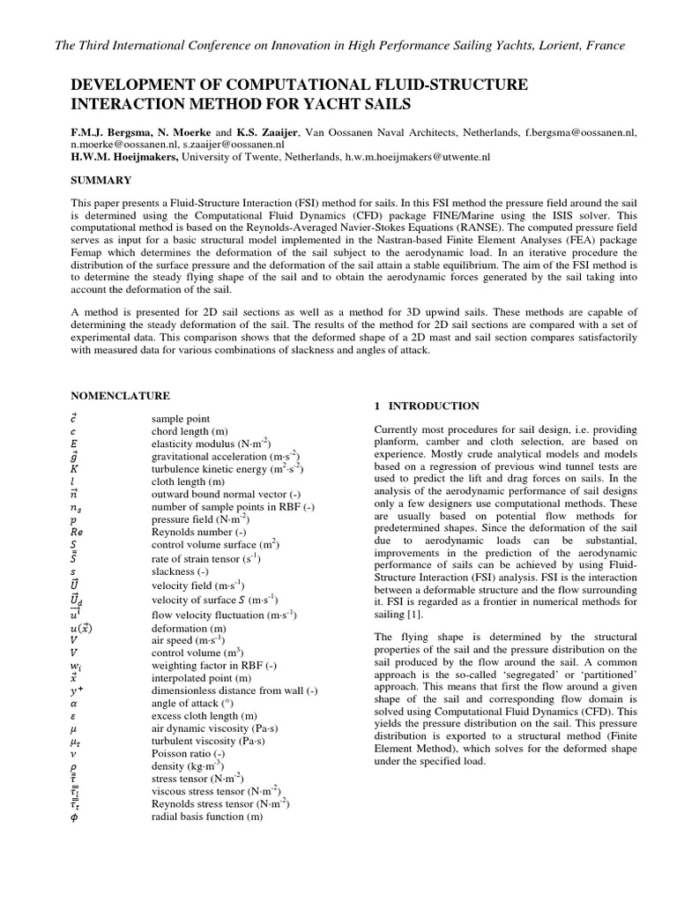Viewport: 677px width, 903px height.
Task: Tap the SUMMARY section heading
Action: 100,180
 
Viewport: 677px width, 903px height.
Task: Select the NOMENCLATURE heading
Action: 120,397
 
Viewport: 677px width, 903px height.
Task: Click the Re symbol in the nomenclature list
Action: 77,533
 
